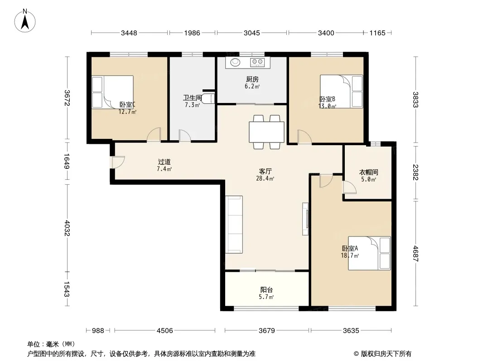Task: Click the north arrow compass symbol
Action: [25, 21]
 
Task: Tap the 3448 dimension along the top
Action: [129, 33]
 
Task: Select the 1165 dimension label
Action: [377, 33]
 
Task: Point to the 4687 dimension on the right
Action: [416, 254]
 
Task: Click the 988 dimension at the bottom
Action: [98, 331]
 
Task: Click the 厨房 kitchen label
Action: [252, 79]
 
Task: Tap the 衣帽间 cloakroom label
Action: [368, 172]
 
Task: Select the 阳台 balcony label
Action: [266, 290]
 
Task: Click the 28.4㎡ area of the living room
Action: [265, 179]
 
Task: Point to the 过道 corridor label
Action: [164, 162]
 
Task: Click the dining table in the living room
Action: [266, 132]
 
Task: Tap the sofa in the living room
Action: [234, 225]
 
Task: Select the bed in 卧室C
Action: [113, 92]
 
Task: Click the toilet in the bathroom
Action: [208, 98]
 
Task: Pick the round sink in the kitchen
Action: [236, 62]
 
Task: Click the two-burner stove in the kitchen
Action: [257, 62]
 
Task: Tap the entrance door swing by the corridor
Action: [118, 162]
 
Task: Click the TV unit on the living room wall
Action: [305, 219]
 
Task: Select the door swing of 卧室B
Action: [304, 137]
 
